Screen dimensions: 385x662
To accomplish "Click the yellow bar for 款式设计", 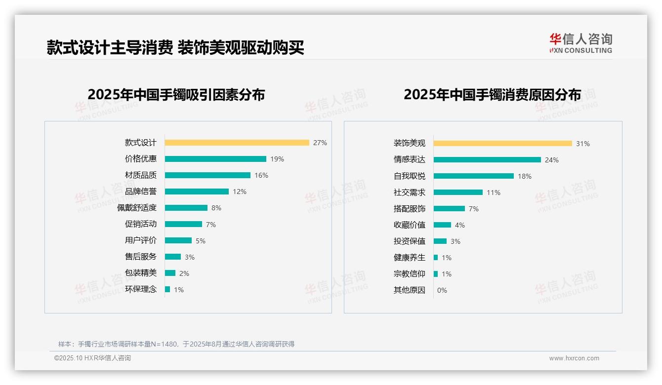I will pos(237,143).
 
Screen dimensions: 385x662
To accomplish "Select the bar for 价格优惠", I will pos(215,159).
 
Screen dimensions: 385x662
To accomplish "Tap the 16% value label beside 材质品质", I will pos(261,175).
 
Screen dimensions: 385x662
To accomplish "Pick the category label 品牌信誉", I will pos(141,192).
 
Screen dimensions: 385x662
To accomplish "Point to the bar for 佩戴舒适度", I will pos(186,208).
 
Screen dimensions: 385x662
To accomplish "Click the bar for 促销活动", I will pos(183,224).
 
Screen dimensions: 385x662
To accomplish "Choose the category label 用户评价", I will pos(141,240).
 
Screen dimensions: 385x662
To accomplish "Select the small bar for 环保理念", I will pos(167,289).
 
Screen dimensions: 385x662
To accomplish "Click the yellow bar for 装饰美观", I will pos(503,143).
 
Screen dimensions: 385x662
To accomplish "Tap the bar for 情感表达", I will pos(487,159).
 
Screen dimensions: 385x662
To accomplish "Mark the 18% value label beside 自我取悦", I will pos(525,176).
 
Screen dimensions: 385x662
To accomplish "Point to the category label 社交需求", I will pos(410,192).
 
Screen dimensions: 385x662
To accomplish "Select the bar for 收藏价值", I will pos(443,225).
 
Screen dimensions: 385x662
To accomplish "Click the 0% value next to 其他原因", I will pos(442,290).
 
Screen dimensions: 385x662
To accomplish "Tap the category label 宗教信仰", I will pos(410,274).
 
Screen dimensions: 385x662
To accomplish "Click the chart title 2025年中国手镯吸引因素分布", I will pos(176,94).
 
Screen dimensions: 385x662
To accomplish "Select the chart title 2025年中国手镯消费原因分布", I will pos(492,94).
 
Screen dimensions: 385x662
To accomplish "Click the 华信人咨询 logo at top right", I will pos(580,43).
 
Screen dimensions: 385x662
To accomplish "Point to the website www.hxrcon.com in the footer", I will pos(574,358).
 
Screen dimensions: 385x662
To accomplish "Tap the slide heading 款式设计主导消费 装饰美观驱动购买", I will pos(175,47).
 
